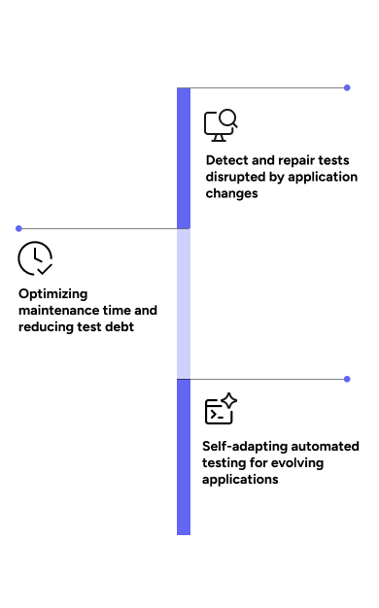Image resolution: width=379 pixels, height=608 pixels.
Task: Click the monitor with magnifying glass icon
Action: pos(221,125)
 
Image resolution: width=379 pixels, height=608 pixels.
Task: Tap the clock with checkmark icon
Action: pos(35,258)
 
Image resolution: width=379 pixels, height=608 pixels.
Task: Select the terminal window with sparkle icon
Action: pos(221,408)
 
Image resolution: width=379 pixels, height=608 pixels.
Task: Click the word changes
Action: pos(231,193)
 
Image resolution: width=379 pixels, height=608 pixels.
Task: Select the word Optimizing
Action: pos(53,294)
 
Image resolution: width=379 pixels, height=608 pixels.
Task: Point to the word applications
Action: pos(240,480)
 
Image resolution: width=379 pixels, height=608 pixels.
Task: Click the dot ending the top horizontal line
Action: pos(347,87)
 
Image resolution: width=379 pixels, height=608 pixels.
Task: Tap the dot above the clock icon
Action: pos(18,229)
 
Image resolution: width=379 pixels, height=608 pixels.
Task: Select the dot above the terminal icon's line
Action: pos(347,379)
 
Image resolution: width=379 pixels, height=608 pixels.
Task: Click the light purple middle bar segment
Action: pos(184,304)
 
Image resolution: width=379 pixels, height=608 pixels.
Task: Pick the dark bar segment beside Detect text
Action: pos(184,158)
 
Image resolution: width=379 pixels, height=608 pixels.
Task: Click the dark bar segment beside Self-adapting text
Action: pos(184,456)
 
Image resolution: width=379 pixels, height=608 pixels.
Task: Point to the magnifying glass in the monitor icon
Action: pos(228,118)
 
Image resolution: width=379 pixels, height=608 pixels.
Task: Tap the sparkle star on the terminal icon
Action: pos(229,400)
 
